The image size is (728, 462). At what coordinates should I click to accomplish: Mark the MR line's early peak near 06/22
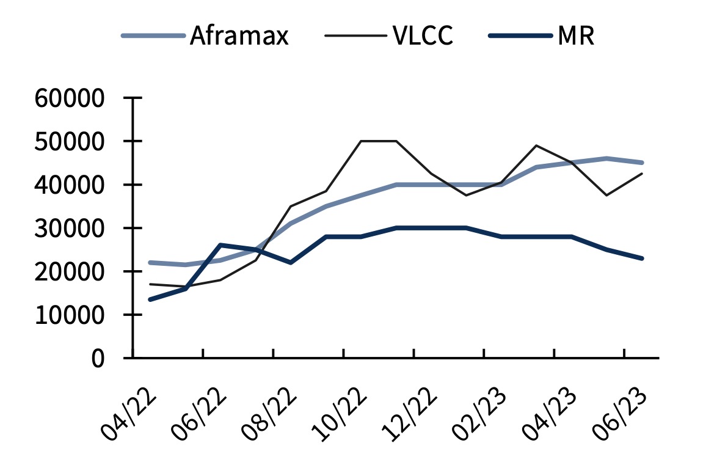[220, 245]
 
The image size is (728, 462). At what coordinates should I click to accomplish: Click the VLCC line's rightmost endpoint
[642, 174]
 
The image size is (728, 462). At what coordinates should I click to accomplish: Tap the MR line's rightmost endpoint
[642, 258]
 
